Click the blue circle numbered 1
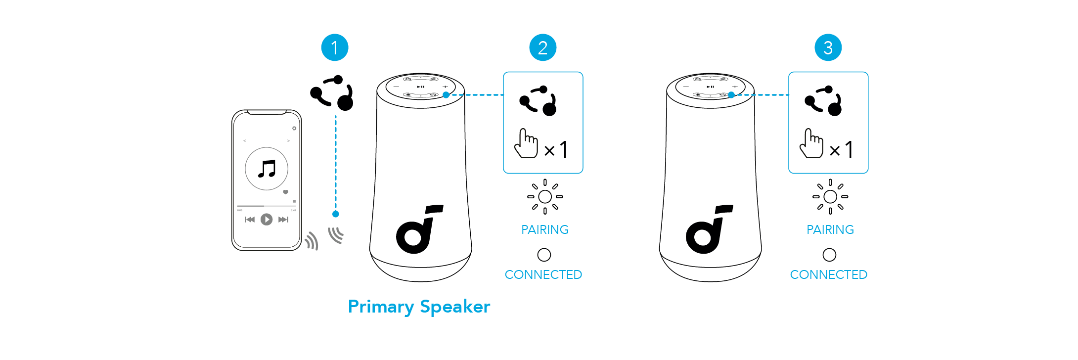pos(335,47)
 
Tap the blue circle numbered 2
pos(543,47)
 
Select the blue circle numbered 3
pos(828,47)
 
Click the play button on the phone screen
pos(267,219)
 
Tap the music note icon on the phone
pos(267,169)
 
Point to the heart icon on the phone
pos(285,192)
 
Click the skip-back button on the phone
pos(250,220)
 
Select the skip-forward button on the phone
pos(283,220)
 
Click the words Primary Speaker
pos(419,307)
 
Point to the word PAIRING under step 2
pos(545,229)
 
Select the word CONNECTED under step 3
pos(828,274)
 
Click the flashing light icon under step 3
pos(830,196)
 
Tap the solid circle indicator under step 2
pos(544,255)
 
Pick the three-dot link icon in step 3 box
pos(824,100)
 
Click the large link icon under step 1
pos(332,93)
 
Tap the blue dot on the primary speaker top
pos(446,95)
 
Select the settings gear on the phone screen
pos(294,129)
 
